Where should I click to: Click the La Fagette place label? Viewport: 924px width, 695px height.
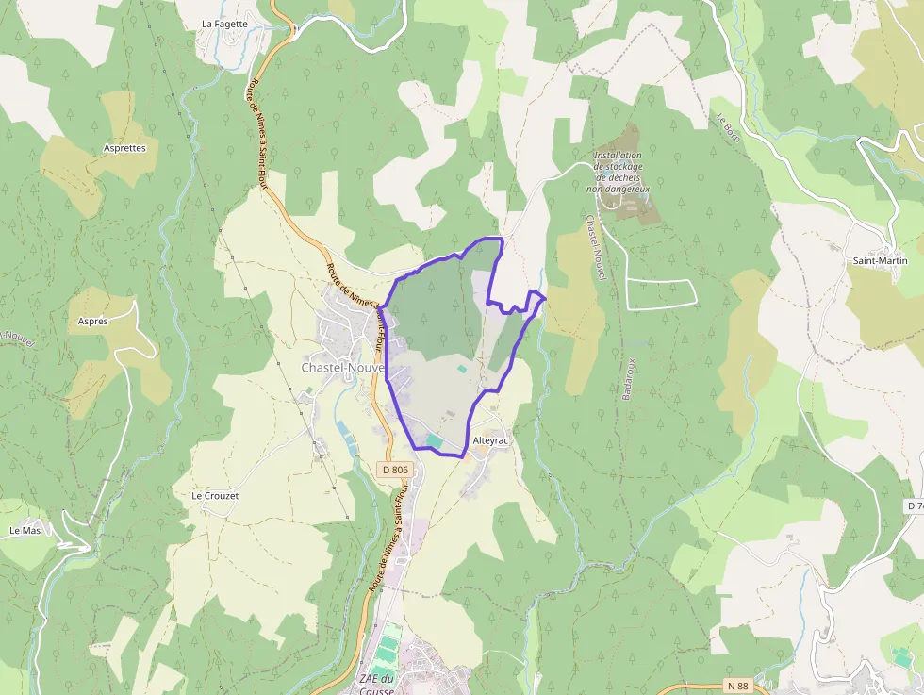coord(224,25)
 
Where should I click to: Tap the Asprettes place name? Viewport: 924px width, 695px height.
coord(124,148)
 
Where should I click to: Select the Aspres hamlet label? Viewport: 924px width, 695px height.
coord(92,321)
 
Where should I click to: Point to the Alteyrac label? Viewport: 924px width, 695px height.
coord(490,441)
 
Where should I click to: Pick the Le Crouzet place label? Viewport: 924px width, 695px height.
coord(215,495)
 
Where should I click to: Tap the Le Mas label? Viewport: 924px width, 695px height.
coord(25,531)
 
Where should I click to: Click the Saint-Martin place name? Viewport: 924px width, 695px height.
coord(880,260)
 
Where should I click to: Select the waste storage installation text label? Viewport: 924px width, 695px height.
coord(619,172)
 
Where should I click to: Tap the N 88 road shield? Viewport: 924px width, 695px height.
coord(737,687)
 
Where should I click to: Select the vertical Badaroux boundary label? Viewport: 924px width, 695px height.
coord(629,378)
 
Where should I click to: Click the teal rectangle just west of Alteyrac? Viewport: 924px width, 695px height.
coord(435,440)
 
